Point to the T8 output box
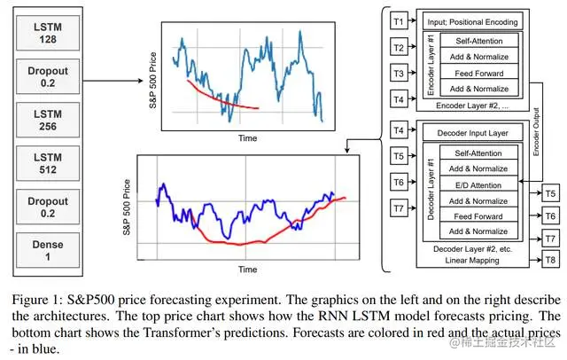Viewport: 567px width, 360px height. (550, 260)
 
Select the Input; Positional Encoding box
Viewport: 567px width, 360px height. (472, 21)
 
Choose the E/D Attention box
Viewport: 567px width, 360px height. (478, 185)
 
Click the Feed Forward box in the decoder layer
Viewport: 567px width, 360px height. (478, 216)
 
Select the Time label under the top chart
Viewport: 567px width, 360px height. (247, 139)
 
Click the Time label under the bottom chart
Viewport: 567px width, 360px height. (247, 269)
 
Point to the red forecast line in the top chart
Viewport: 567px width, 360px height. (221, 99)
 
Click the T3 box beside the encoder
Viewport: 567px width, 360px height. (398, 74)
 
